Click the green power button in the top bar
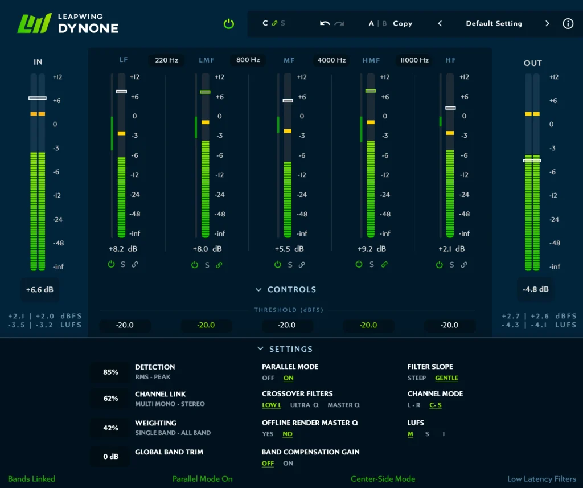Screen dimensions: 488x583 click(x=228, y=24)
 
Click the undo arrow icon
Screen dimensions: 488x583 click(x=325, y=23)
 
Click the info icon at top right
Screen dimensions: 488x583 click(x=568, y=24)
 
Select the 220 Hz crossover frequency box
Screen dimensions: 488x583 click(x=166, y=60)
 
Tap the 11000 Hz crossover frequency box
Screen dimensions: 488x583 click(x=414, y=60)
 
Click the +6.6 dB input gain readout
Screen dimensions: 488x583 click(x=40, y=289)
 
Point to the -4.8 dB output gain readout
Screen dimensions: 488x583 click(x=535, y=289)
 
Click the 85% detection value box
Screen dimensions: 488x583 click(x=110, y=372)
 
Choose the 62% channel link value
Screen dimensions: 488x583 click(x=110, y=398)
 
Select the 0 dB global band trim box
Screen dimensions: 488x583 click(x=110, y=456)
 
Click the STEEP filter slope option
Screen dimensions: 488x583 click(x=417, y=378)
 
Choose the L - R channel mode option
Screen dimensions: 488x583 click(x=414, y=405)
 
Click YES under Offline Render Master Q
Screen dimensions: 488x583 click(x=268, y=434)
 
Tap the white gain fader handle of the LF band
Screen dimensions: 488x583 click(x=121, y=92)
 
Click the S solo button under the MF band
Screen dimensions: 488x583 click(x=290, y=265)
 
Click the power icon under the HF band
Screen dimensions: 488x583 click(x=440, y=265)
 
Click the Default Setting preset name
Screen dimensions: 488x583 click(x=494, y=24)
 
